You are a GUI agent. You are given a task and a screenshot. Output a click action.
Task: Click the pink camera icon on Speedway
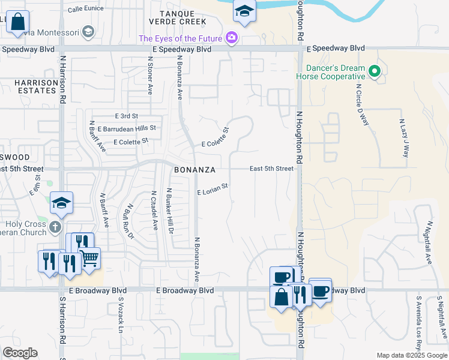point(232,39)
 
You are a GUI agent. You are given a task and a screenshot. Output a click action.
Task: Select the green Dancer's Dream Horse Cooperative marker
point(375,72)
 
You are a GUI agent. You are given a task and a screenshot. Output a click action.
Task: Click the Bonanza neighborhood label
point(194,170)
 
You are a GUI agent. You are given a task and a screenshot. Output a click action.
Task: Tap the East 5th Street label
point(271,169)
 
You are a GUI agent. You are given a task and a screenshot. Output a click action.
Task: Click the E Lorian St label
point(213,189)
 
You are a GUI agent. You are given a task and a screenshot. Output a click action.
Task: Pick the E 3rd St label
point(126,115)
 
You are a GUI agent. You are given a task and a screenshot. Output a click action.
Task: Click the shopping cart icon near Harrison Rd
point(89,259)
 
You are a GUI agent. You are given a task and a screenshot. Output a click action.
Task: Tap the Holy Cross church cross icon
point(55,227)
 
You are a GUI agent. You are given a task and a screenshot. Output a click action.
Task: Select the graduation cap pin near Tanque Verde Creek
point(244,10)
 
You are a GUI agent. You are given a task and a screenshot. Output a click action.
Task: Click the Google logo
point(20,353)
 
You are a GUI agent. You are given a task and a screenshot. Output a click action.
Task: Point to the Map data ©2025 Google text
point(412,355)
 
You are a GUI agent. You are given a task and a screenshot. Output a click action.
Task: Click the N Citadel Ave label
point(154,211)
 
